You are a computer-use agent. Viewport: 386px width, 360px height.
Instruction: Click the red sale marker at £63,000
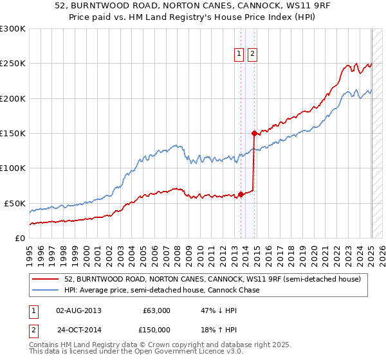(x=241, y=194)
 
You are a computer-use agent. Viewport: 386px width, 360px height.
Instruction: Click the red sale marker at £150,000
(x=255, y=133)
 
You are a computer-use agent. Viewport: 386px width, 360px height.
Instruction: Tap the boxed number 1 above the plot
(x=239, y=55)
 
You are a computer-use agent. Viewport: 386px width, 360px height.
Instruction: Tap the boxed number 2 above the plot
(x=252, y=55)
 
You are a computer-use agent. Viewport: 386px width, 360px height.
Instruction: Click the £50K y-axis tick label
(x=15, y=203)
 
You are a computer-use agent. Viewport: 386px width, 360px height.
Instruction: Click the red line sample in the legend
(x=45, y=280)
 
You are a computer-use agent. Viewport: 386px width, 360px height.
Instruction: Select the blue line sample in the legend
(x=45, y=290)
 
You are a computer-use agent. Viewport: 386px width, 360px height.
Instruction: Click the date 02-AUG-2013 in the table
(x=78, y=310)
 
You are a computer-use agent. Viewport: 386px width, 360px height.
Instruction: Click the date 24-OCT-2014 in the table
(x=78, y=330)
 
